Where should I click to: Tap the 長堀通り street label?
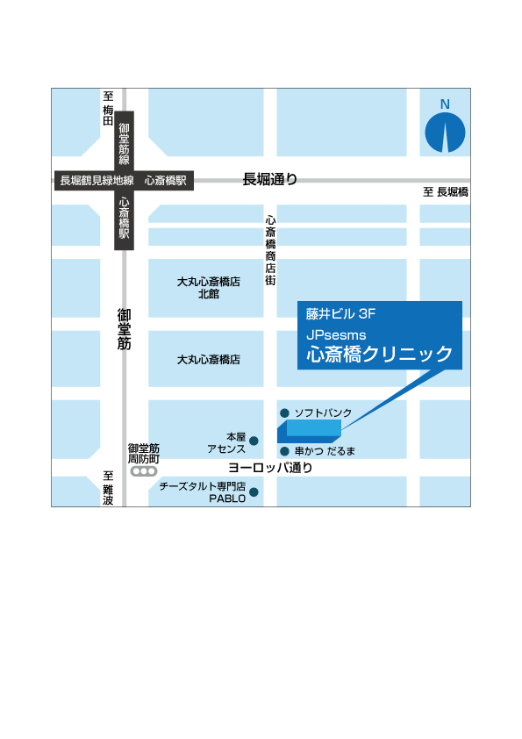pyautogui.click(x=270, y=180)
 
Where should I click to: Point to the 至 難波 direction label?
pyautogui.click(x=108, y=488)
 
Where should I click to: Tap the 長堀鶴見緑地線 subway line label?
pyautogui.click(x=97, y=181)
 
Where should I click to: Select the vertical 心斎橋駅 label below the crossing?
pyautogui.click(x=125, y=219)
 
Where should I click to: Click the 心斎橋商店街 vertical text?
pyautogui.click(x=270, y=251)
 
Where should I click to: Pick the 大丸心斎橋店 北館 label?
pyautogui.click(x=208, y=288)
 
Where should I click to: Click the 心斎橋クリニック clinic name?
pyautogui.click(x=379, y=355)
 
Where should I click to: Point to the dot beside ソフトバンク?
pyautogui.click(x=284, y=413)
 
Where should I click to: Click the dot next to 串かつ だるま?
pyautogui.click(x=284, y=451)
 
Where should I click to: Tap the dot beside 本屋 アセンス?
pyautogui.click(x=254, y=441)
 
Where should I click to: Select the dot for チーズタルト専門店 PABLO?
pyautogui.click(x=254, y=492)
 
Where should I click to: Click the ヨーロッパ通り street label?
pyautogui.click(x=269, y=469)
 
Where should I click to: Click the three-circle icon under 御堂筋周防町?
pyautogui.click(x=143, y=471)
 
